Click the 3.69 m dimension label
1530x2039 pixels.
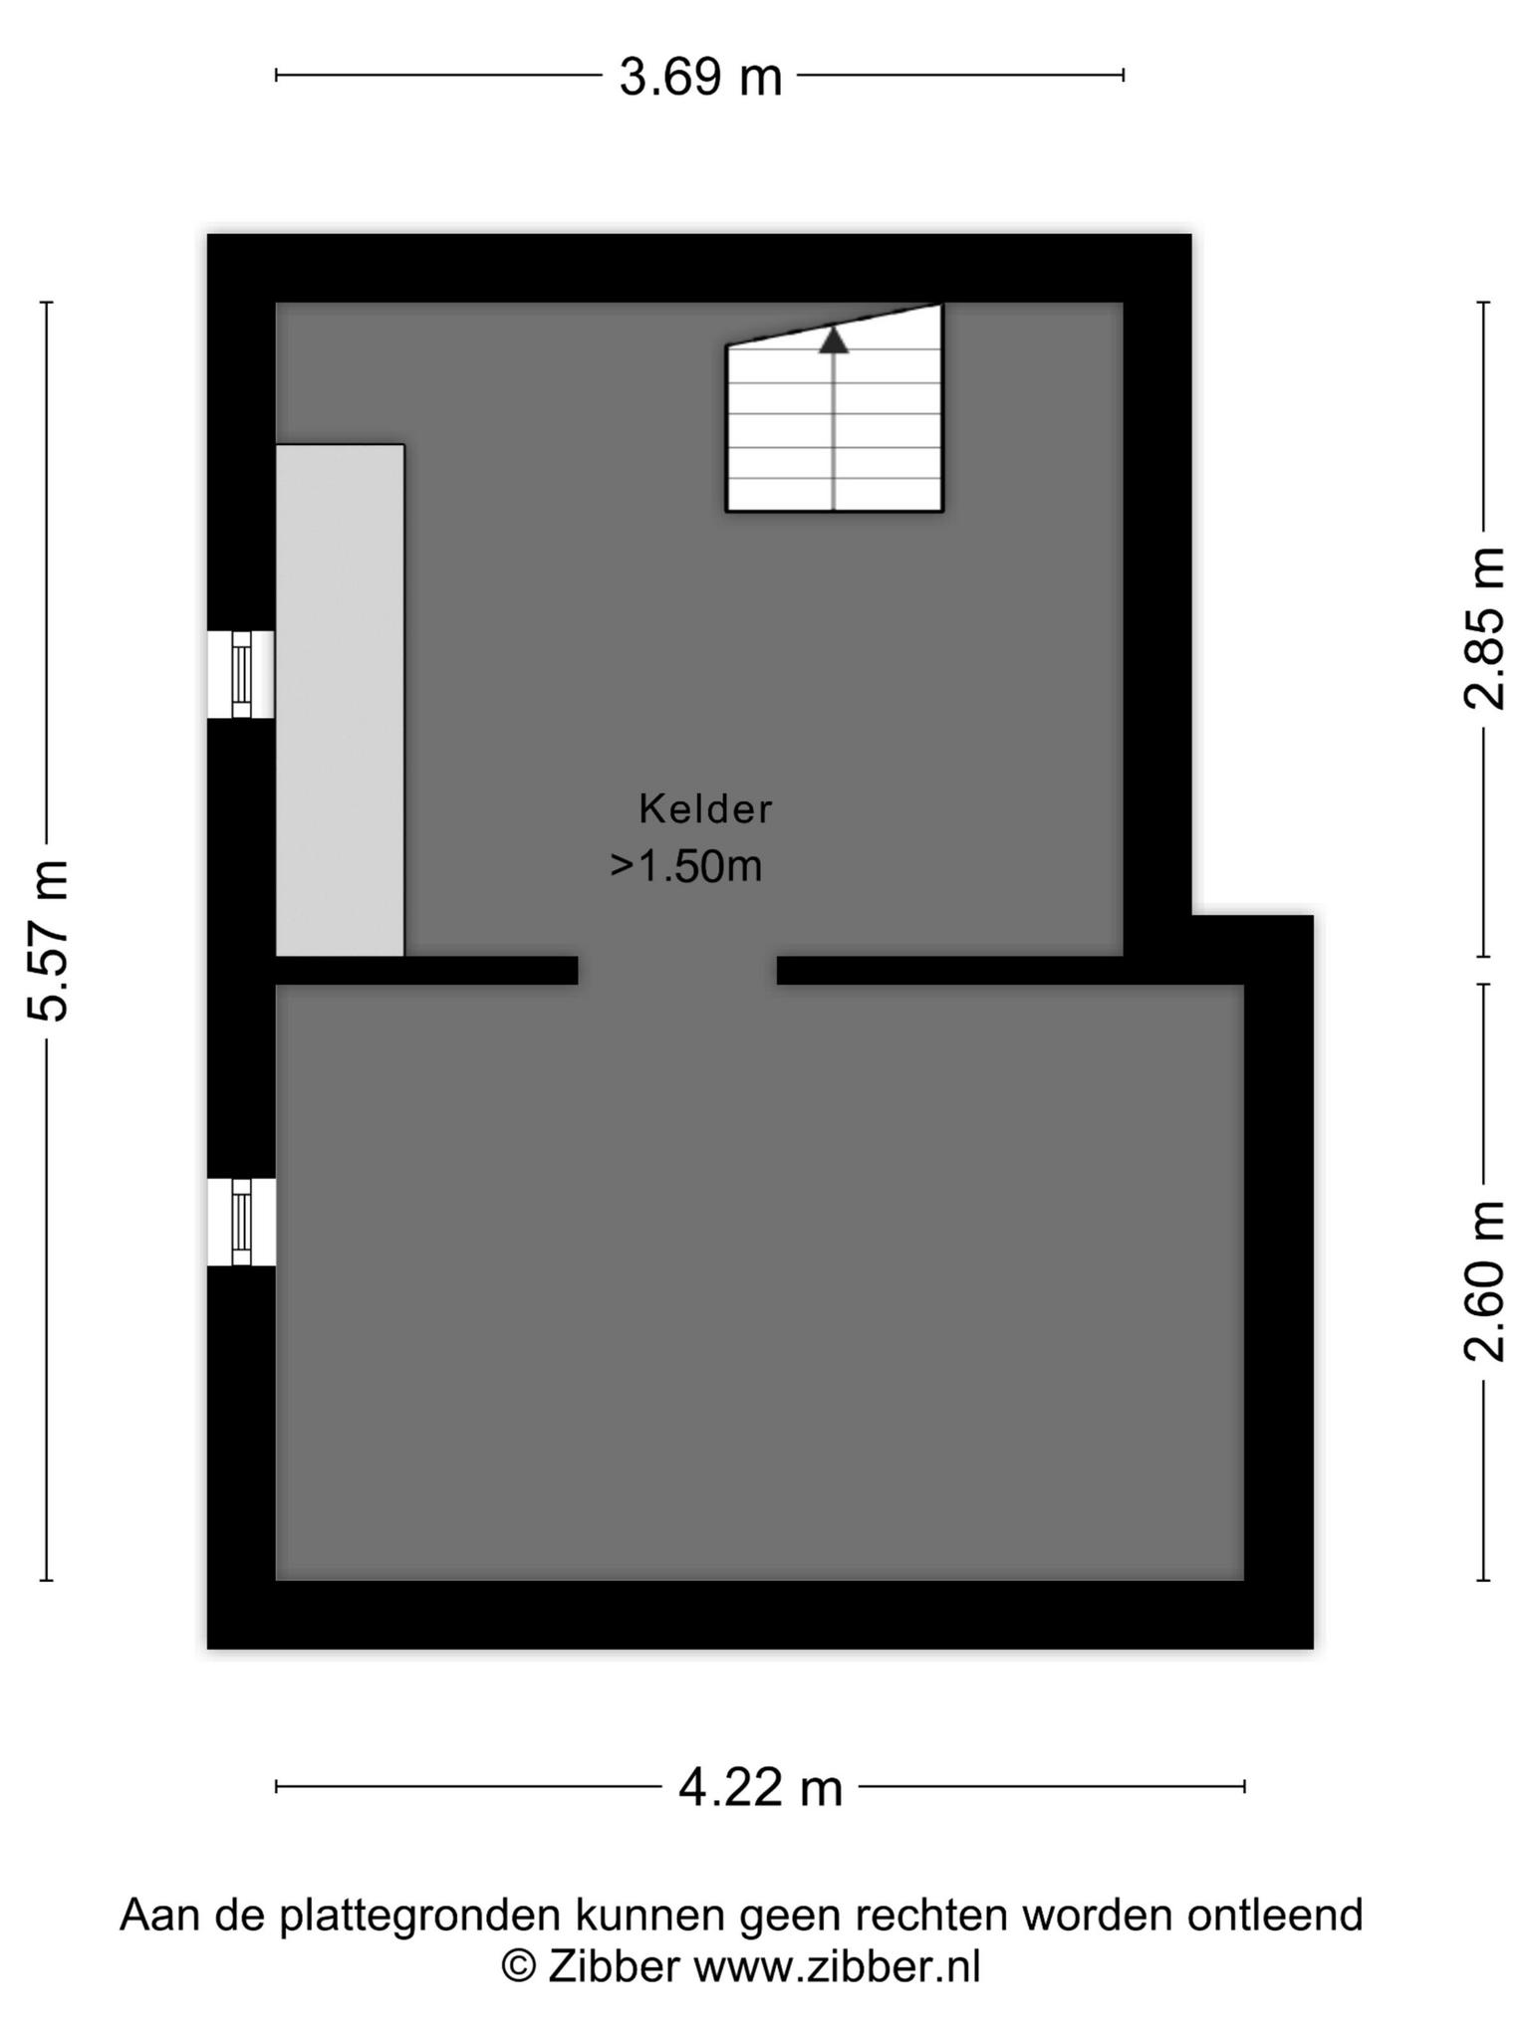tap(700, 77)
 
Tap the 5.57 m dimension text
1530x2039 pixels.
tap(49, 940)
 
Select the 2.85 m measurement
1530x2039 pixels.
tap(1484, 628)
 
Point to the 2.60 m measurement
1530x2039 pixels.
tap(1484, 1280)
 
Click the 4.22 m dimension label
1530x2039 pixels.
tap(760, 1787)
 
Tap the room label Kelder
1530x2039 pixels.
tap(705, 808)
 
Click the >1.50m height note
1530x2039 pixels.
tap(686, 866)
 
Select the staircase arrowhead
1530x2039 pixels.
tap(834, 340)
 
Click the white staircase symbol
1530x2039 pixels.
tap(834, 408)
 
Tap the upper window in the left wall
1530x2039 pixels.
tap(241, 674)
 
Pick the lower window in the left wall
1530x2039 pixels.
tap(241, 1222)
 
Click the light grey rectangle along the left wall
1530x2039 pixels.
tap(340, 700)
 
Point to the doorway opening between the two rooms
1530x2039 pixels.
tap(677, 971)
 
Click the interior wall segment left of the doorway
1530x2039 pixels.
tap(427, 971)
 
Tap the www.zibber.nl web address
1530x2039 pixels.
tap(837, 1967)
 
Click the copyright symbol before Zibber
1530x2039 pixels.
tap(518, 1967)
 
